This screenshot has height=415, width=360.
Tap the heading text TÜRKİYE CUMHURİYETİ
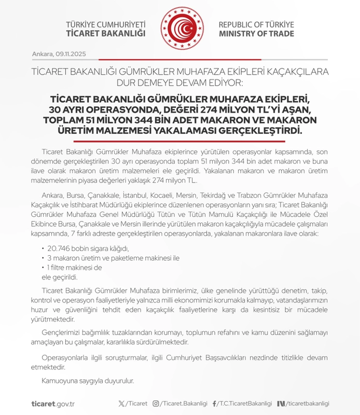[x=106, y=24]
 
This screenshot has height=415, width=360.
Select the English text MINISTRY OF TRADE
[x=256, y=34]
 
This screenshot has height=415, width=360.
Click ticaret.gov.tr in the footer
[x=53, y=404]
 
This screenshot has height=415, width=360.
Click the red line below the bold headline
[x=179, y=141]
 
